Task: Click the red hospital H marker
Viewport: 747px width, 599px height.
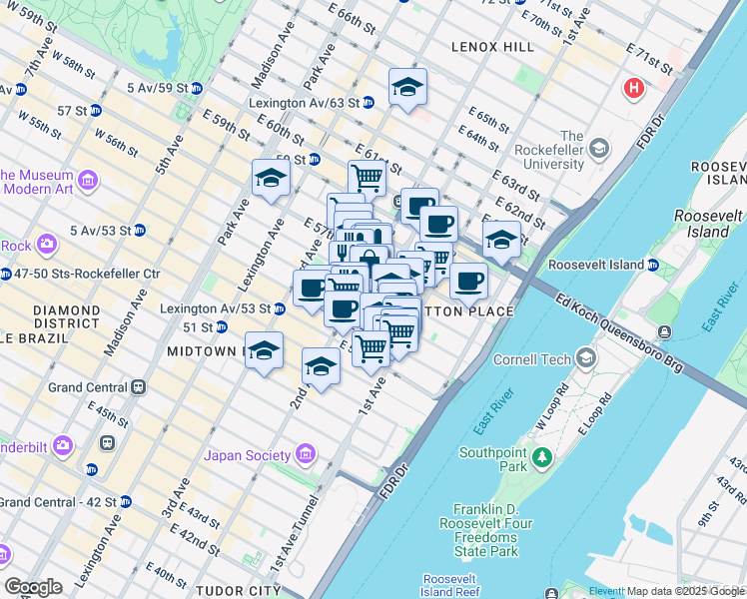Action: (633, 89)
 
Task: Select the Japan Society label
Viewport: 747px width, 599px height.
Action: (246, 456)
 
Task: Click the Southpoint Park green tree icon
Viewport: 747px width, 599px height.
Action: (541, 456)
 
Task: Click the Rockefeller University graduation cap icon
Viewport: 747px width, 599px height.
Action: (598, 150)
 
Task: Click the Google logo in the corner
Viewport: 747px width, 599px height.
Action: (33, 586)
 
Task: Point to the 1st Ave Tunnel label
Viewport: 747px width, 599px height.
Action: (297, 533)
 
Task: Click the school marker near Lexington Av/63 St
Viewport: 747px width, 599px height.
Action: (407, 90)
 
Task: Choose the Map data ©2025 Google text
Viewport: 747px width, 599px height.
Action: (684, 591)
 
